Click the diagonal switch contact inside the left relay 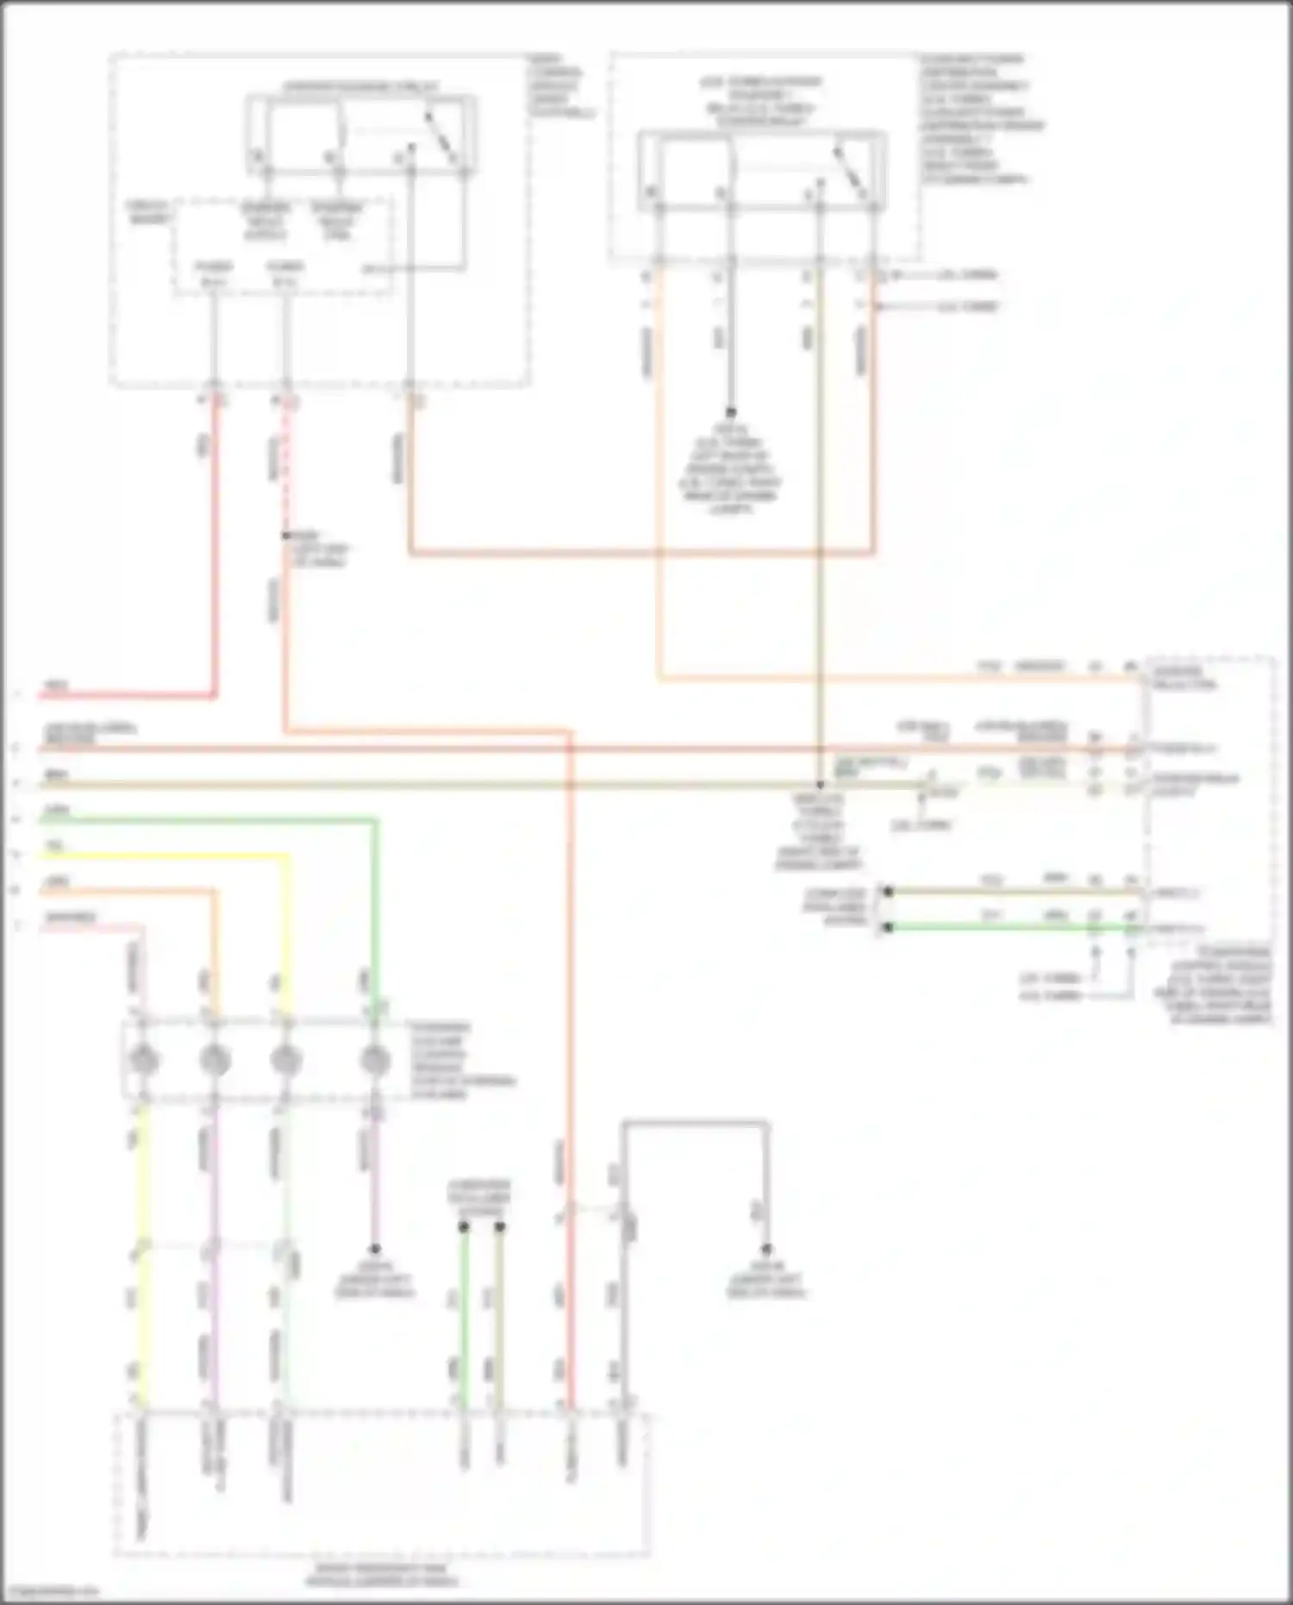coord(443,138)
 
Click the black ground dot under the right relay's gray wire coord(731,412)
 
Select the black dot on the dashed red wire coord(286,536)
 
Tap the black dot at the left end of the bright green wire coord(888,927)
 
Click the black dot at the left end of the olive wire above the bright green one coord(888,891)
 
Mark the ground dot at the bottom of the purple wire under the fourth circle coord(374,1249)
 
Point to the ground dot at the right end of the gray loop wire coord(766,1249)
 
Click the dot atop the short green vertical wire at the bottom coord(464,1226)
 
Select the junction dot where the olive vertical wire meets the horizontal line coord(820,786)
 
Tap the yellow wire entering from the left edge coord(164,856)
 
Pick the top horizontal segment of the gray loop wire coord(695,1123)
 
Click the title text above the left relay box coord(360,87)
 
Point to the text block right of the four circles coord(460,1061)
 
